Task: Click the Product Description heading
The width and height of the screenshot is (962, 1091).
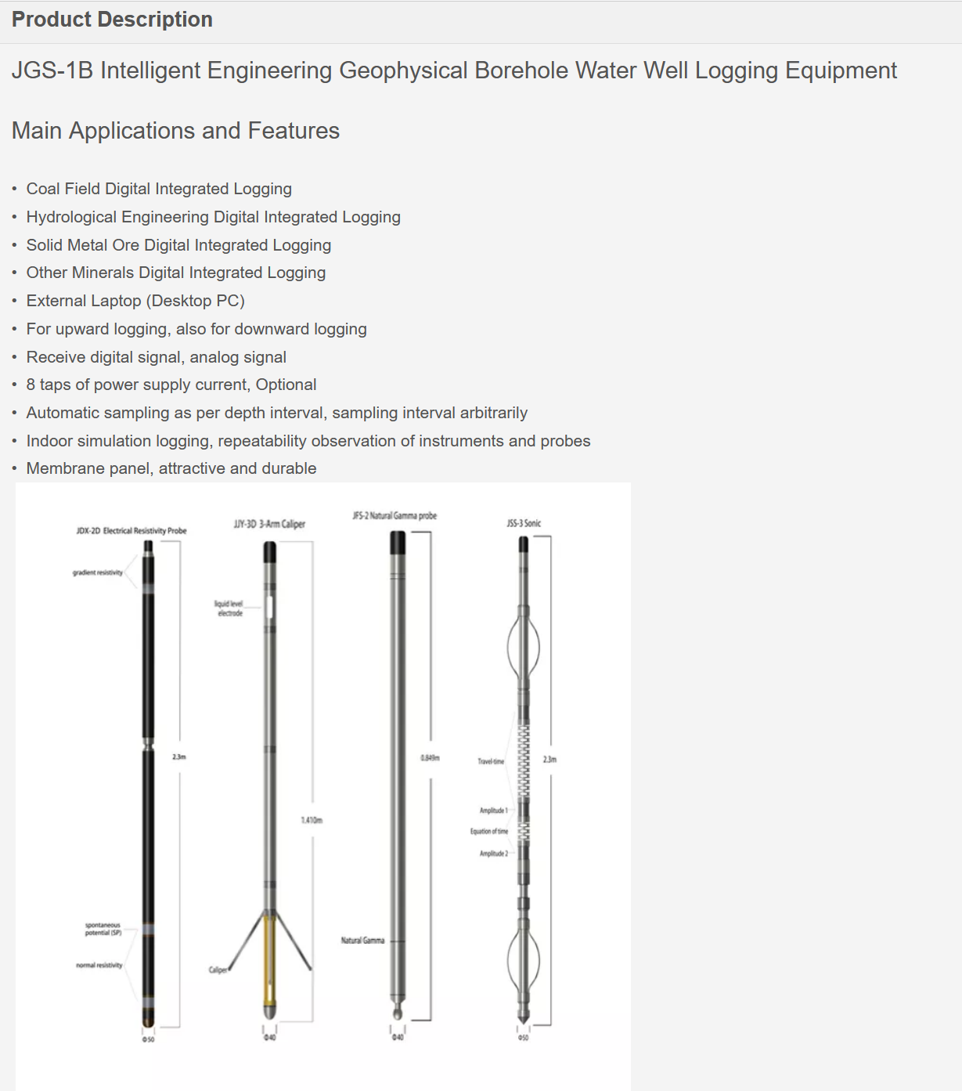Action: click(112, 20)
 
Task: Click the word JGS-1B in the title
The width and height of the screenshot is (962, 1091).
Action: click(52, 70)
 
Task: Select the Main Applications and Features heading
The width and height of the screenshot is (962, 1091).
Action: click(175, 131)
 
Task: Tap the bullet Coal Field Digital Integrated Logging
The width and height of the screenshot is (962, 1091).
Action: click(159, 189)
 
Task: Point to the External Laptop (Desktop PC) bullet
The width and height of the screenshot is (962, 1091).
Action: click(135, 301)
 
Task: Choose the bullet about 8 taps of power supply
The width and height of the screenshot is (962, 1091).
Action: click(171, 385)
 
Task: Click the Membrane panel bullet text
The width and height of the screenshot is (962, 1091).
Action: click(171, 468)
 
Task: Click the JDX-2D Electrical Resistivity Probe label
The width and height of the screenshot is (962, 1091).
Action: click(132, 531)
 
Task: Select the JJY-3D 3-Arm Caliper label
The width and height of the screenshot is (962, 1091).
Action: click(269, 524)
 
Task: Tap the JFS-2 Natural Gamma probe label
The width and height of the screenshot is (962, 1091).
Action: click(395, 515)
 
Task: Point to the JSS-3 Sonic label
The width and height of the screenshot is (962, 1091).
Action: click(524, 523)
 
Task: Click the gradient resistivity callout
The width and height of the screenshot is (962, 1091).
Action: click(98, 573)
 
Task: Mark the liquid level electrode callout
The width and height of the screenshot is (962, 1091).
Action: click(229, 609)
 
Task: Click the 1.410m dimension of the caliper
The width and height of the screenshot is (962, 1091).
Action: click(312, 820)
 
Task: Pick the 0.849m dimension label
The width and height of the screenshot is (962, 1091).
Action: click(430, 757)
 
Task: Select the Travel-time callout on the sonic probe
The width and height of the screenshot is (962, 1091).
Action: click(491, 761)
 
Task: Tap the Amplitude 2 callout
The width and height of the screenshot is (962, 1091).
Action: click(494, 854)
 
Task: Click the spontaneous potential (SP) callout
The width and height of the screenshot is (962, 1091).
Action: click(103, 929)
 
